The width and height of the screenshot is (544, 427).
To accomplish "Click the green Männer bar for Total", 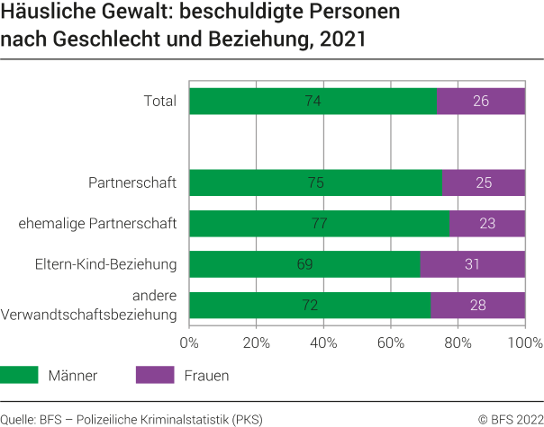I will click(270, 101).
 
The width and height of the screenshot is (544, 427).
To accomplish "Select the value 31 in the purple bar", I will click(472, 264).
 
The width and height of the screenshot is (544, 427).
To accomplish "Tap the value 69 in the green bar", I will click(304, 264).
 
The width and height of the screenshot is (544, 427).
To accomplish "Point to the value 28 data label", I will click(477, 306).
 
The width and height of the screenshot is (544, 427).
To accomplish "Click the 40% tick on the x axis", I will click(323, 342).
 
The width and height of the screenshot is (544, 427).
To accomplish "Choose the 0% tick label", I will click(189, 342).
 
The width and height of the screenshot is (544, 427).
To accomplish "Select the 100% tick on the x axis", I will click(524, 342).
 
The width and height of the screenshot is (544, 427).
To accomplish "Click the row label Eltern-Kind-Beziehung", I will click(105, 263).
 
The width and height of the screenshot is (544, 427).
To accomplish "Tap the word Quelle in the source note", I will click(18, 418).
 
